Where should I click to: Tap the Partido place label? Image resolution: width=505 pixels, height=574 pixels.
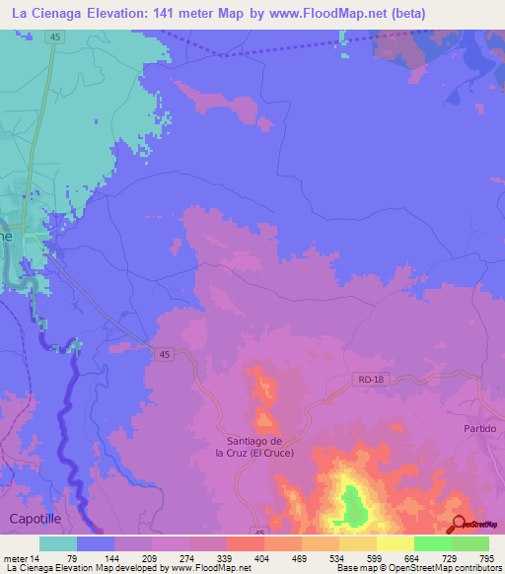tap(479, 429)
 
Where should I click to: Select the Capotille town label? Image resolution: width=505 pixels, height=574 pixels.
tap(36, 518)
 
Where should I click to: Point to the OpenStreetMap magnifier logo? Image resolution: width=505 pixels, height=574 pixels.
tap(460, 525)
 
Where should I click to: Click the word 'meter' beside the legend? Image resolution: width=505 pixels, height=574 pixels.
tap(17, 559)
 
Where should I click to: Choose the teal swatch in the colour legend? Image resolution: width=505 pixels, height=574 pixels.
tap(58, 543)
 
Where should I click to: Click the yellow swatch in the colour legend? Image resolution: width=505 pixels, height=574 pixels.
tap(395, 543)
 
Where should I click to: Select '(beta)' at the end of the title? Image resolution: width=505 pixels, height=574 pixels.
tap(472, 13)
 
